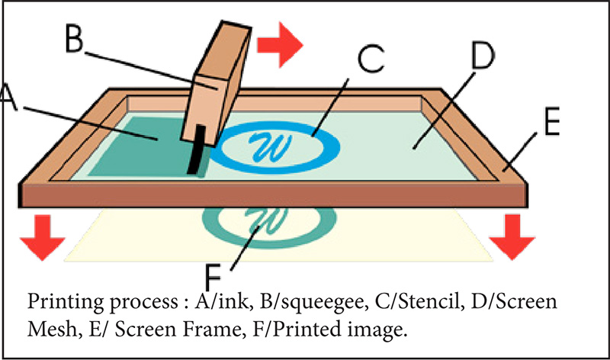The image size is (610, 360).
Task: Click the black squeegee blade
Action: pyautogui.click(x=197, y=149)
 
